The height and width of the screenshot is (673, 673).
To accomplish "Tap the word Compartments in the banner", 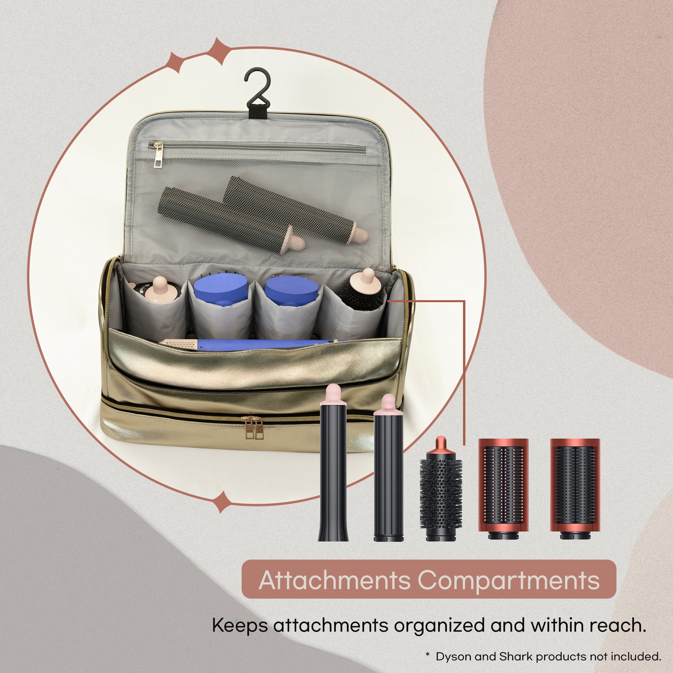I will pyautogui.click(x=508, y=580).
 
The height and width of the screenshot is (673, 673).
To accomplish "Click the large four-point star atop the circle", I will pyautogui.click(x=218, y=51).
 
